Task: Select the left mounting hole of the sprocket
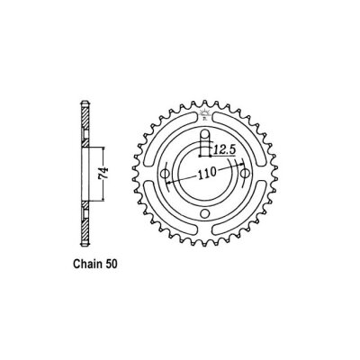coord(166,174)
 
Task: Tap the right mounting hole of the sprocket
coord(243,174)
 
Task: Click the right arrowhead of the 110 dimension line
coord(240,168)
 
